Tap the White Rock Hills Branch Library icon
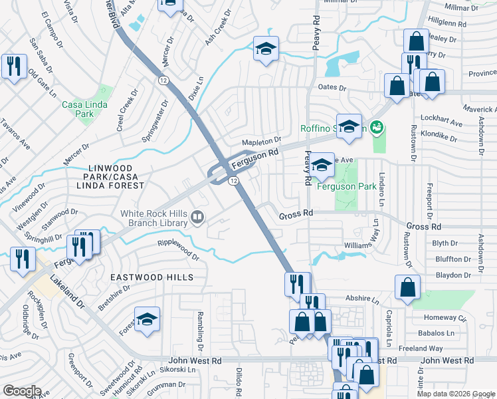(197, 217)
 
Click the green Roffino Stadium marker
(377, 126)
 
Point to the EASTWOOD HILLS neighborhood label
(152, 277)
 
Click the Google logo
(22, 391)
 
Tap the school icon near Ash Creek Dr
(266, 50)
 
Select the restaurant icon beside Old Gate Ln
(13, 67)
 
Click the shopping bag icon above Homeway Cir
(407, 288)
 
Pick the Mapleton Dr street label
(261, 142)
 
